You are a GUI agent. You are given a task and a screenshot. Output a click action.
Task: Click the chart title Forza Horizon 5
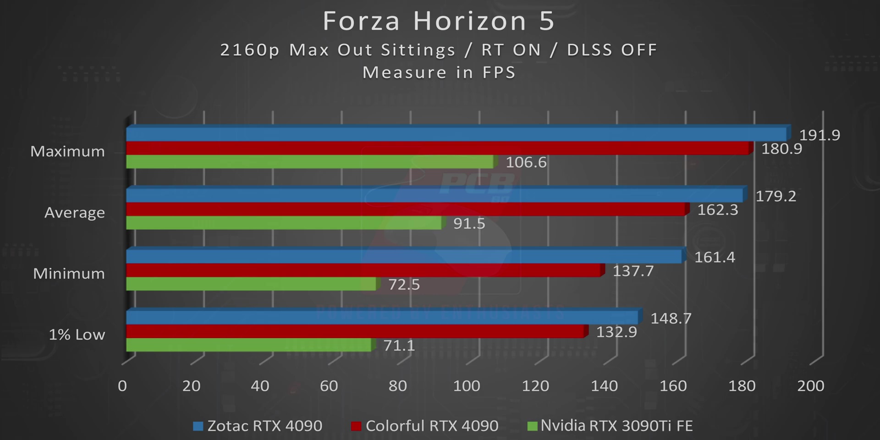coord(439,21)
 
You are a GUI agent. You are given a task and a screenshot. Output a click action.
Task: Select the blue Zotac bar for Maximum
coord(456,135)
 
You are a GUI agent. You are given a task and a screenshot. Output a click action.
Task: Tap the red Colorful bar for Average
coord(406,209)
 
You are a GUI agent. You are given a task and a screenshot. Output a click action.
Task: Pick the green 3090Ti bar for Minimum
coord(251,284)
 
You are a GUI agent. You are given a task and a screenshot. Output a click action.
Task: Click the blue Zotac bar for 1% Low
coord(382,318)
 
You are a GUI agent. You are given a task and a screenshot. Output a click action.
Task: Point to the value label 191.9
coord(819,135)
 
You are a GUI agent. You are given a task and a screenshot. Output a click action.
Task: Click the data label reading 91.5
coord(469,224)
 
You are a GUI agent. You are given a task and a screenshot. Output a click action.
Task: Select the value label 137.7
coord(633,271)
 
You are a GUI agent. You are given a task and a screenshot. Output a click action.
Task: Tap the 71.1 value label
coord(399,346)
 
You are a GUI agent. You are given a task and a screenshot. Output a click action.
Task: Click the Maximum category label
coord(68,151)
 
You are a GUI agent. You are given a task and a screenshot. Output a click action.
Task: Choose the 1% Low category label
coord(77,335)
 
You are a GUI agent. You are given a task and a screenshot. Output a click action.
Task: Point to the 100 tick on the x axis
coord(467,386)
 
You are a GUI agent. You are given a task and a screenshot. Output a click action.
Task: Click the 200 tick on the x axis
coord(810,386)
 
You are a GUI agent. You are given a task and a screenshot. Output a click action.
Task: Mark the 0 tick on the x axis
coord(122,386)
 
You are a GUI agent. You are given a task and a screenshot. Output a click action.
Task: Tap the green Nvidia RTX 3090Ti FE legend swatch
coord(532,426)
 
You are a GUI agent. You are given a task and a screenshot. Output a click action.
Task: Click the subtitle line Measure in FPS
coord(439,72)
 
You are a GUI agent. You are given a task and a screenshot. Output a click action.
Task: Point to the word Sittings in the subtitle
coord(418,50)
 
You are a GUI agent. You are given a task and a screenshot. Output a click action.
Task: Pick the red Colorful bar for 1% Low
coord(355,331)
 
